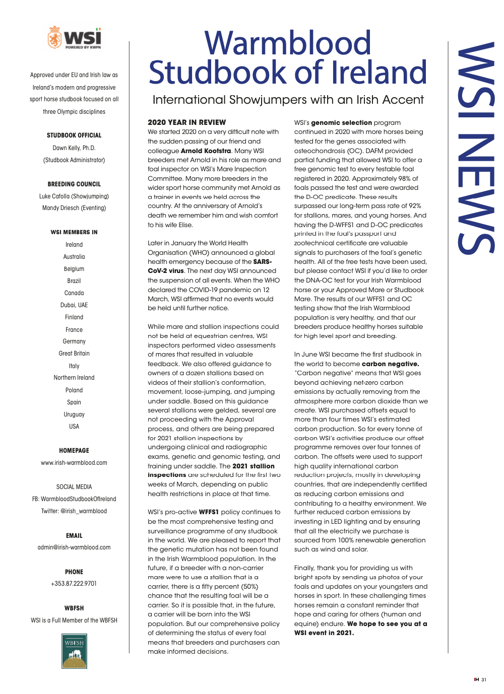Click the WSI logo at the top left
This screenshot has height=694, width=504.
[x=74, y=38]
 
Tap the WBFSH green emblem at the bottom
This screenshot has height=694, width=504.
[x=74, y=651]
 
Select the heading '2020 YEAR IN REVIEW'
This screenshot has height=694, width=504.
[x=186, y=122]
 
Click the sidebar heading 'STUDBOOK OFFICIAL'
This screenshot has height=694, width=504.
[x=74, y=135]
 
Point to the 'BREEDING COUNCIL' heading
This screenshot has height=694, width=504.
[x=74, y=184]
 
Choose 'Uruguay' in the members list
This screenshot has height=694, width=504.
[x=74, y=414]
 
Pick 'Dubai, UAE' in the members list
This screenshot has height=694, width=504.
[x=74, y=305]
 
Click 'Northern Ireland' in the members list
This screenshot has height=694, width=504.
[x=74, y=378]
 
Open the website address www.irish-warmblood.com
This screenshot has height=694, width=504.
[x=74, y=463]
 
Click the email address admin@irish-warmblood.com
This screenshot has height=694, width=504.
[x=74, y=547]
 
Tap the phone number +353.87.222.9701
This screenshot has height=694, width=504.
[x=74, y=584]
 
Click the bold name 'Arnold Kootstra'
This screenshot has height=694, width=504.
[x=206, y=151]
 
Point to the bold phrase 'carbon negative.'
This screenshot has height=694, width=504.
[x=390, y=364]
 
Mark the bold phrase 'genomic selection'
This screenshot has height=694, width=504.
[x=341, y=122]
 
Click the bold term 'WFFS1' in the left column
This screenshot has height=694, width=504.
[x=209, y=512]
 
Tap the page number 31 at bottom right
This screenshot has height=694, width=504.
[x=484, y=680]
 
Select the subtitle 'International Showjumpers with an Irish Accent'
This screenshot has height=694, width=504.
[x=288, y=100]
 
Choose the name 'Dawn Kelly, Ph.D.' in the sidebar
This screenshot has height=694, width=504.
[x=74, y=148]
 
